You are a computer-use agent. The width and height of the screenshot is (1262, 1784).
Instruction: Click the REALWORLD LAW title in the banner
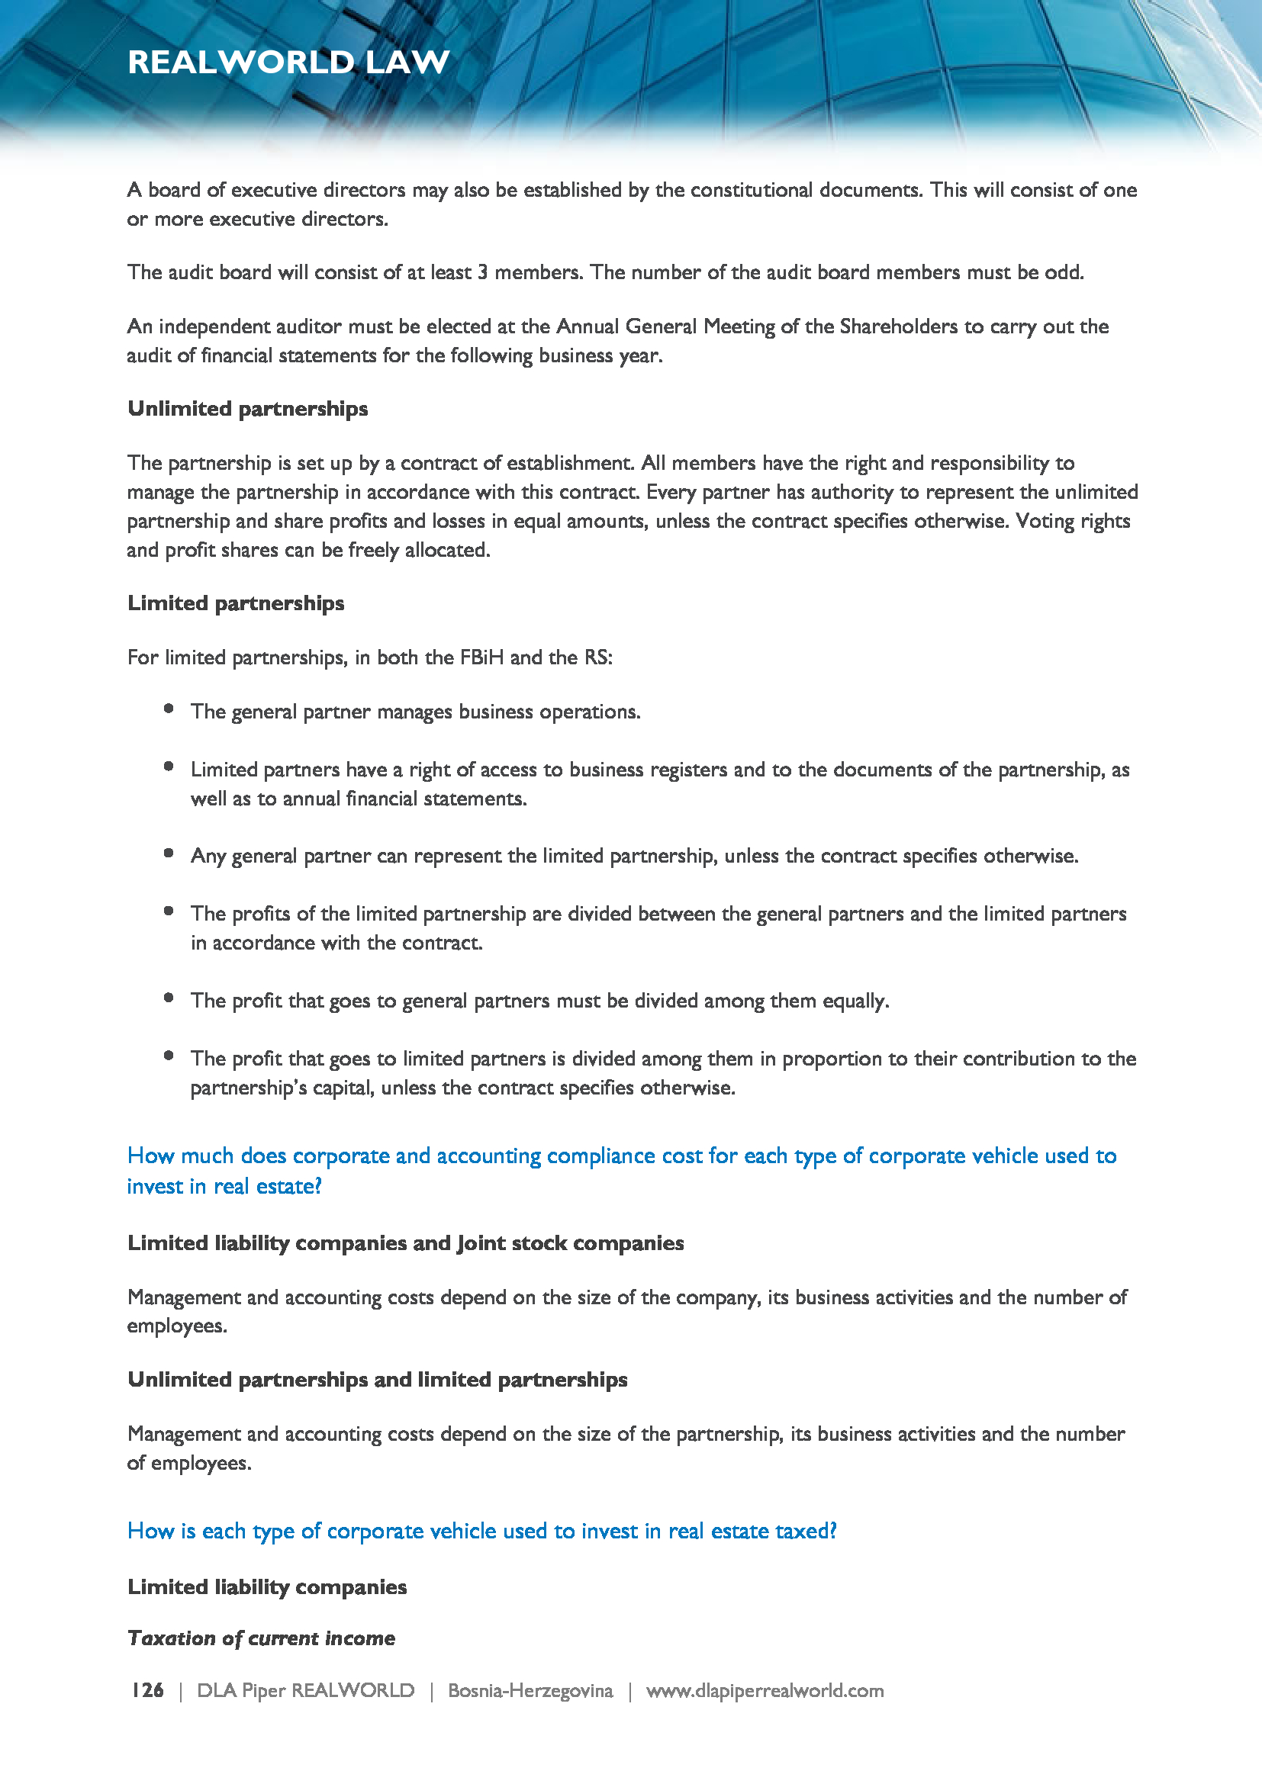tap(288, 62)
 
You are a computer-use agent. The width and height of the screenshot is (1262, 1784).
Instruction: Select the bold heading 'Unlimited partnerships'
tap(247, 409)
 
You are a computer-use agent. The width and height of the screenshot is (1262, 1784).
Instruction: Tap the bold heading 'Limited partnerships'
tap(236, 603)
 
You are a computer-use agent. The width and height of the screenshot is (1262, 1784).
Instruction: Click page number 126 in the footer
tap(146, 1690)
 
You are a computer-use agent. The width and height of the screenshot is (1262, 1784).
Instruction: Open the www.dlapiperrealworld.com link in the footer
tap(765, 1691)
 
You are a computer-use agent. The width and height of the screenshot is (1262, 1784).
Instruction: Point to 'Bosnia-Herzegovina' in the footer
tap(530, 1691)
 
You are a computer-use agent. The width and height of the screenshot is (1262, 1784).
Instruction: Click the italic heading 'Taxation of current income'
tap(261, 1638)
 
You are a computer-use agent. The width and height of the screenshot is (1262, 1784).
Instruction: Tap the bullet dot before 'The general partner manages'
tap(169, 708)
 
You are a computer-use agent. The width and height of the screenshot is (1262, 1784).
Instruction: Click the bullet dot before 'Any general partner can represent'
tap(169, 853)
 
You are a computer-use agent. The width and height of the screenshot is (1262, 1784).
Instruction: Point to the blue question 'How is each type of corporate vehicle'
tap(481, 1531)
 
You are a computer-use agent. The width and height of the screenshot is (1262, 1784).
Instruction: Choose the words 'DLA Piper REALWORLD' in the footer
tap(305, 1691)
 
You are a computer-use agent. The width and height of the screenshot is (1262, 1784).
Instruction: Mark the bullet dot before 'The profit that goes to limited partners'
tap(169, 1055)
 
